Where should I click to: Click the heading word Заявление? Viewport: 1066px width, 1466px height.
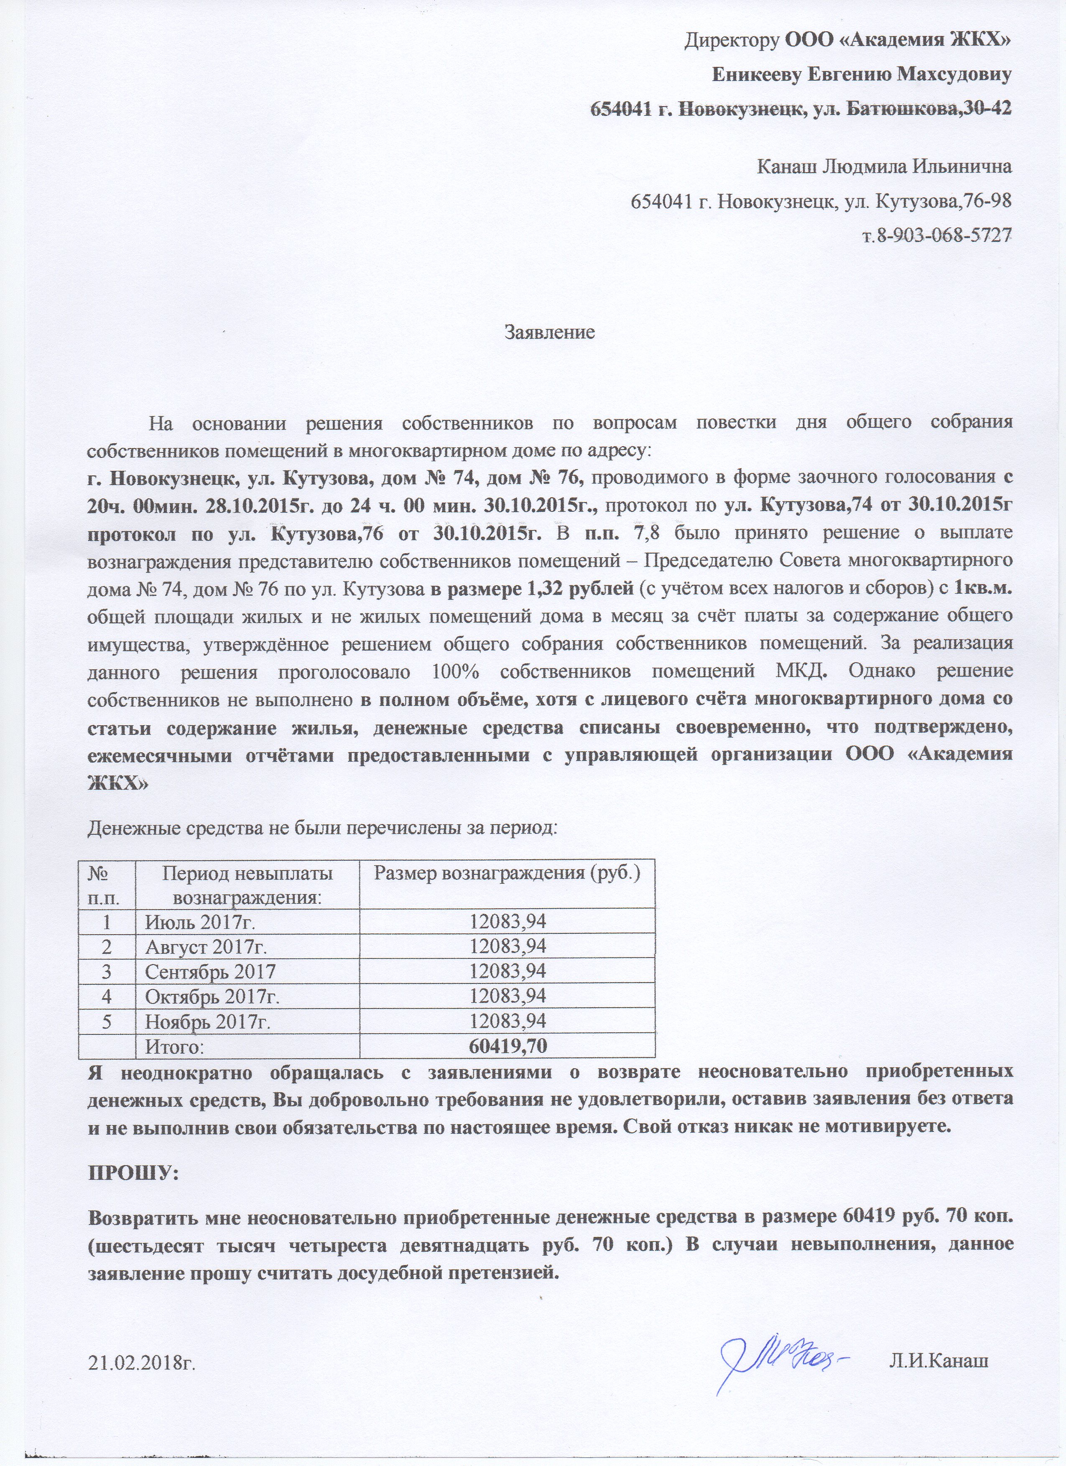coord(549,333)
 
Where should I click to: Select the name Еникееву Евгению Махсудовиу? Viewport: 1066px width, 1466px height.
coord(861,76)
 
